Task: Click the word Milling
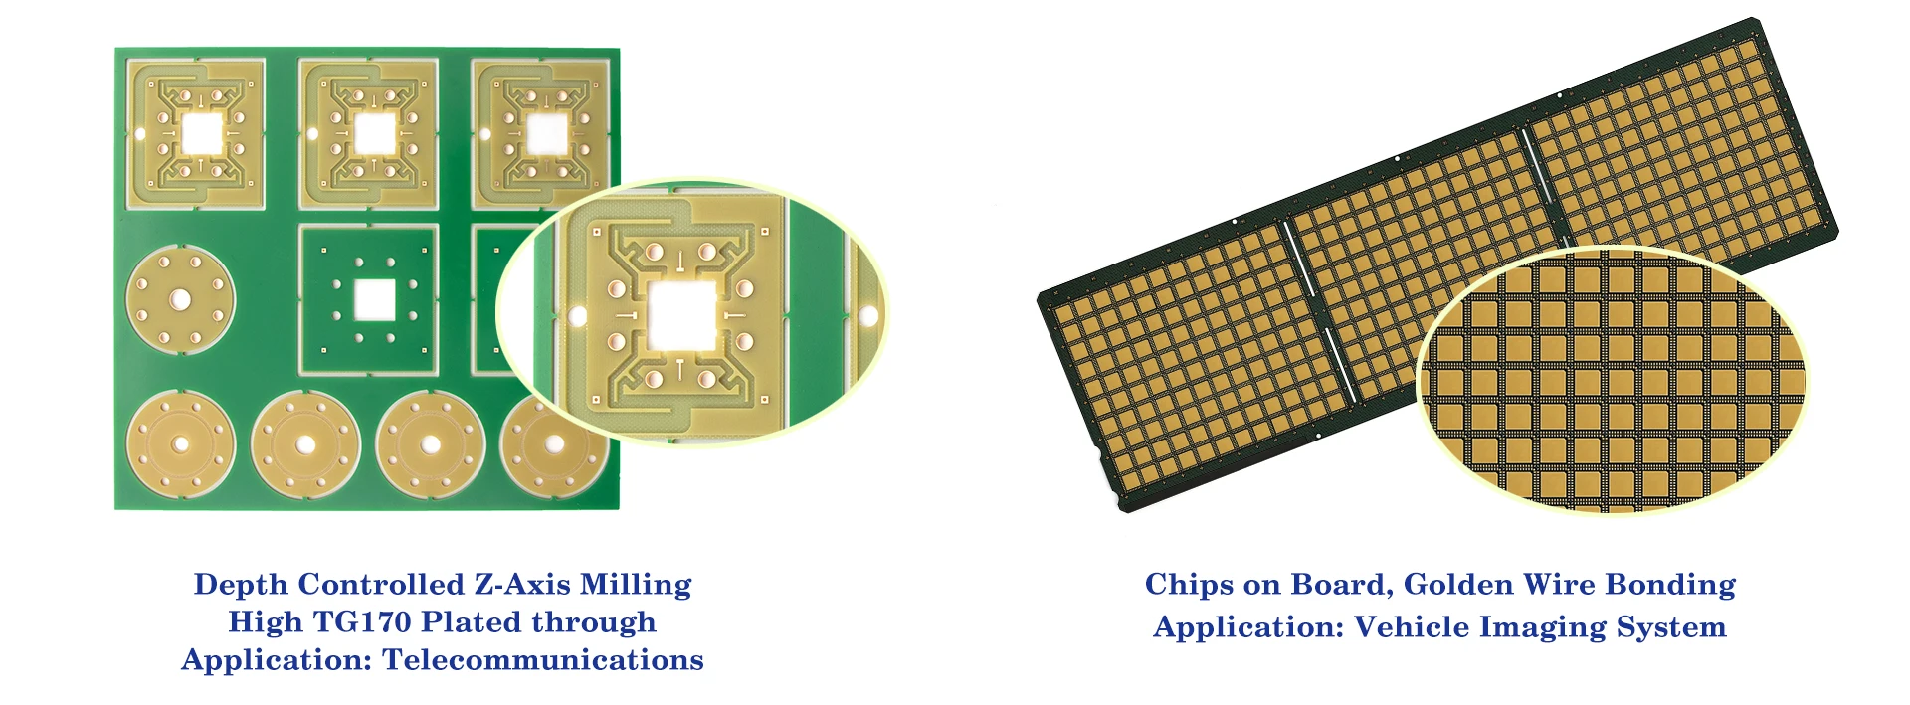[636, 585]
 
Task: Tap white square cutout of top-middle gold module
[374, 133]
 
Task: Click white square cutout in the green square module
[375, 298]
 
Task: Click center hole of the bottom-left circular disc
[181, 443]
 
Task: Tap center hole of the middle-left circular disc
[180, 298]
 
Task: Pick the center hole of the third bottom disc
[431, 444]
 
